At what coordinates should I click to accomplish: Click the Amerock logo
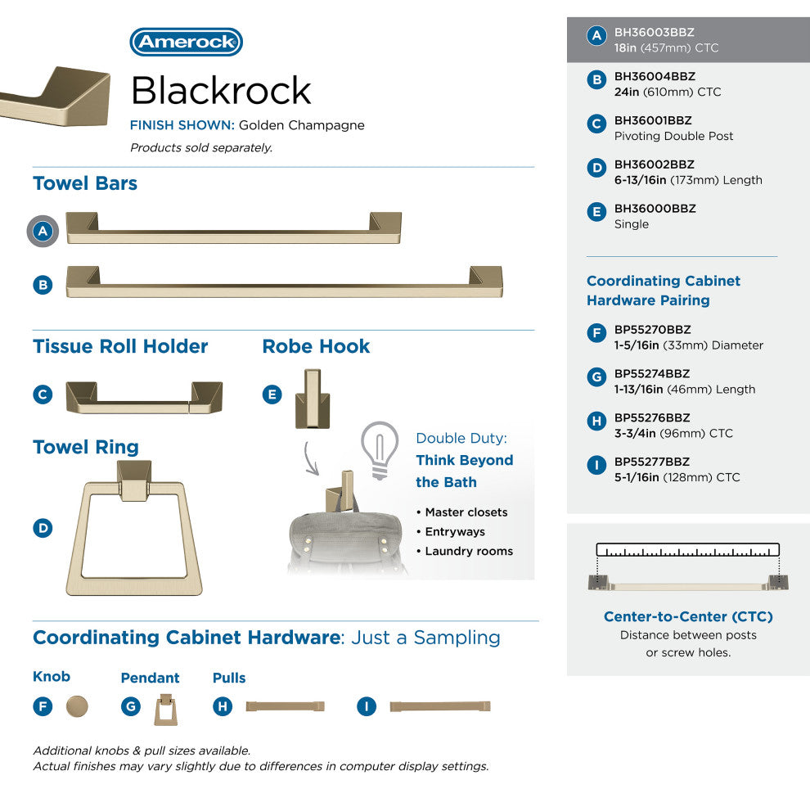pos(186,42)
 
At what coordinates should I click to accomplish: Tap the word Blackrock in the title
pos(221,90)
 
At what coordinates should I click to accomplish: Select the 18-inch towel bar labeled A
pos(233,228)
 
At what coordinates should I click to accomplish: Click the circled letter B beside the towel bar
pos(43,285)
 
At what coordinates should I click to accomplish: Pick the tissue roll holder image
pos(144,398)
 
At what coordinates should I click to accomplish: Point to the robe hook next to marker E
pos(313,399)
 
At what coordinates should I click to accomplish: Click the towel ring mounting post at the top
pos(134,480)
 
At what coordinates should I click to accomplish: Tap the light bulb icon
pos(380,450)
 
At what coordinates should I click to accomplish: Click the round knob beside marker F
pos(77,706)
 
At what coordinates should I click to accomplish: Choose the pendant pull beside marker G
pos(166,710)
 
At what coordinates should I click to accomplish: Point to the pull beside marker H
pos(286,706)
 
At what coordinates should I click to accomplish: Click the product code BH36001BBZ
pos(653,120)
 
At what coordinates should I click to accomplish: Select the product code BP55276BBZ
pos(652,417)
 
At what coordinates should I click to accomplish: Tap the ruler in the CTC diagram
pos(687,550)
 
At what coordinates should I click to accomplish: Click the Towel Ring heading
pos(86,447)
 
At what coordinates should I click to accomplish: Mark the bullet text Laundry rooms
pos(469,552)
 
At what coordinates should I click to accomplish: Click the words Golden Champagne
pos(302,125)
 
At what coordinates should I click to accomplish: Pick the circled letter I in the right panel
pos(596,465)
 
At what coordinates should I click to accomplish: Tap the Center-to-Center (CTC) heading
pos(688,616)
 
